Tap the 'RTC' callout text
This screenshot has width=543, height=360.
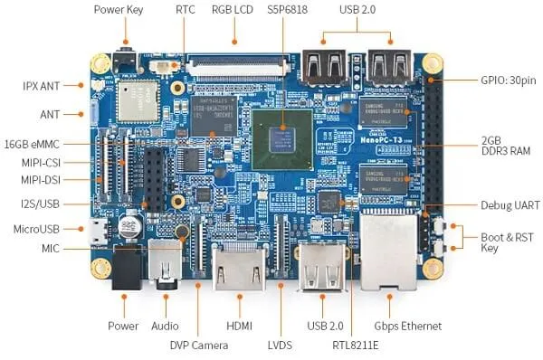pos(186,11)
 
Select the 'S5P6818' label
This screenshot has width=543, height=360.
pos(285,11)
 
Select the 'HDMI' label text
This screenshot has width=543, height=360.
pos(239,326)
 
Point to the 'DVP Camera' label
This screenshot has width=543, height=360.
pos(199,345)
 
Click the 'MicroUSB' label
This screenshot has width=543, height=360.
pos(36,227)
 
